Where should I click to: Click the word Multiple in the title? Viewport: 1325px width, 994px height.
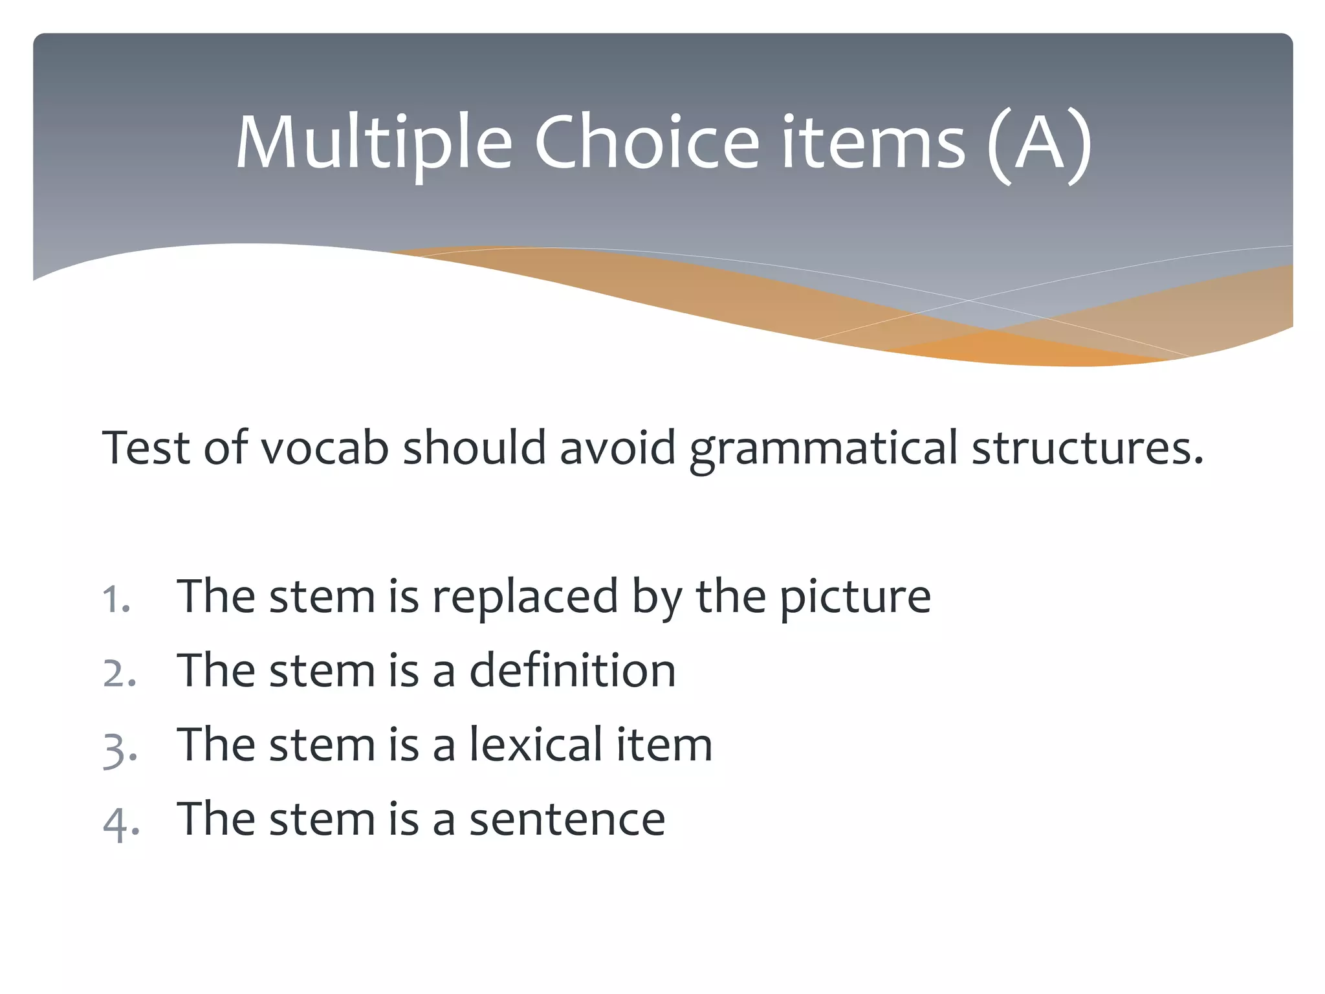tap(373, 144)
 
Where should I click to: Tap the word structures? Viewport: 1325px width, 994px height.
tap(1087, 448)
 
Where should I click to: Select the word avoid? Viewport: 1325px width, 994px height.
tap(618, 448)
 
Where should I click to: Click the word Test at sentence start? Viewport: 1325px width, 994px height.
tap(146, 448)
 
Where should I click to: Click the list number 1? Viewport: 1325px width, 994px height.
tap(116, 599)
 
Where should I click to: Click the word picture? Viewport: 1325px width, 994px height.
tap(855, 597)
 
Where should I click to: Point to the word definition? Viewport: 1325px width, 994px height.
tap(572, 670)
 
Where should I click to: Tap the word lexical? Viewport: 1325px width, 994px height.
tap(536, 745)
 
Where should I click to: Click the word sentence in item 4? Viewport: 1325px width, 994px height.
tap(567, 819)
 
